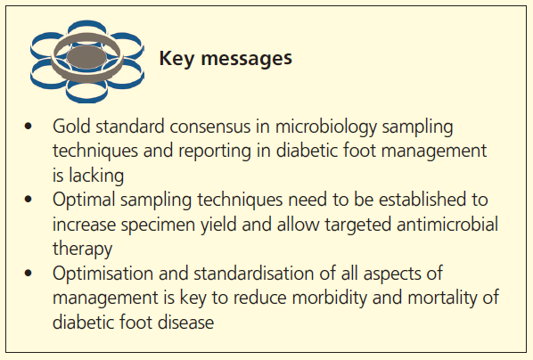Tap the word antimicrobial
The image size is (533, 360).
429,222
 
